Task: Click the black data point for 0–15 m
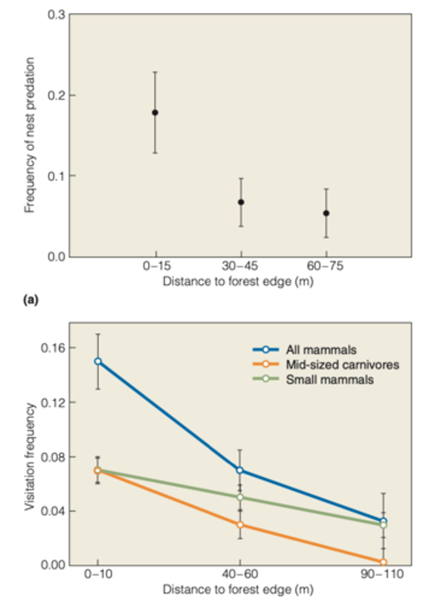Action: (x=155, y=112)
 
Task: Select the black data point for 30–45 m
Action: (x=241, y=202)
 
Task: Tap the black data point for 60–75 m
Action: (x=327, y=213)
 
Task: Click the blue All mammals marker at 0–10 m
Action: (x=97, y=361)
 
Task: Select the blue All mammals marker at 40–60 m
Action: (x=240, y=471)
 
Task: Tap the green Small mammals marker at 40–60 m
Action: (x=240, y=497)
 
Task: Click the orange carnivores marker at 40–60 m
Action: (x=240, y=525)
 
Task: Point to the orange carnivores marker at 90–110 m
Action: (x=383, y=562)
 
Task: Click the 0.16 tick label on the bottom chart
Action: (x=52, y=348)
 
